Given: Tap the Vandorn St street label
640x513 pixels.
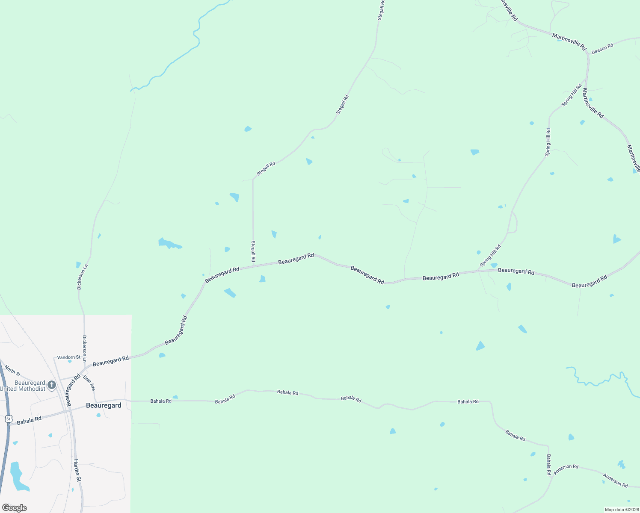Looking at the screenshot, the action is pos(68,357).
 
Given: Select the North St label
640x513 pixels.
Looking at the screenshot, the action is pos(12,370).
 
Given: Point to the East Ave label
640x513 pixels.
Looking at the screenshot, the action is pos(89,383).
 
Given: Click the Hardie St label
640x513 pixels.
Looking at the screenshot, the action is pos(77,470).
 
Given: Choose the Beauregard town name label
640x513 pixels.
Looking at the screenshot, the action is pos(104,405).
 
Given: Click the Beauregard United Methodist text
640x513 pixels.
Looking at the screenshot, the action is pos(24,386).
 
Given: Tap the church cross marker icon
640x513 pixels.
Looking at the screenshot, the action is pos(52,385).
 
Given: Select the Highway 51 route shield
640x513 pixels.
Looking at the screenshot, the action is pos(9,419).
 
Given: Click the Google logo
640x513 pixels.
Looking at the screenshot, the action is pos(15,508).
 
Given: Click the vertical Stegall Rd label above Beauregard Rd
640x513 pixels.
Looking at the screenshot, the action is pos(253,251).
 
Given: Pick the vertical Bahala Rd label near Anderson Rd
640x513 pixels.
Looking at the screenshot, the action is pos(548,465).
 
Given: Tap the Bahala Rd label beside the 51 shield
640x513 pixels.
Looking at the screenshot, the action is pos(29,420).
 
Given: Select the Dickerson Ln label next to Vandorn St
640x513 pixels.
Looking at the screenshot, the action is pos(85,349).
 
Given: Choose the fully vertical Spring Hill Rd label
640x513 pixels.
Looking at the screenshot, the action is pos(548,142).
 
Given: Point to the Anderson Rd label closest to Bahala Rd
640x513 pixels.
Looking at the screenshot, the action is pos(566,469).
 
